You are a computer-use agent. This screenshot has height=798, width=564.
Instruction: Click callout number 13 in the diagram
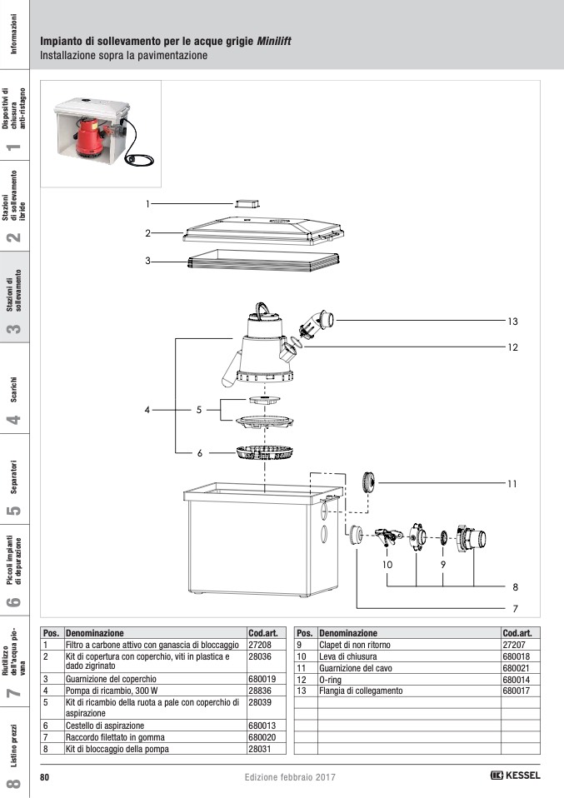click(x=513, y=321)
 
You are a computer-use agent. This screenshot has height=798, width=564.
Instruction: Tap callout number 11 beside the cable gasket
click(x=513, y=483)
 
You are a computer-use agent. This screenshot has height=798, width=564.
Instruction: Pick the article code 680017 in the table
click(x=517, y=691)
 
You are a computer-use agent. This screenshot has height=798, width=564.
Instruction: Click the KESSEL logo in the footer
click(x=516, y=776)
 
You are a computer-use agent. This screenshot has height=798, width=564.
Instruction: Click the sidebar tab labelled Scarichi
click(x=14, y=387)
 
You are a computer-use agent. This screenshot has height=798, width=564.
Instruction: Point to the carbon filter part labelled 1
click(x=247, y=203)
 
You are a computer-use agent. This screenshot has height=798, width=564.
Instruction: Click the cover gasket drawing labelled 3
click(x=262, y=261)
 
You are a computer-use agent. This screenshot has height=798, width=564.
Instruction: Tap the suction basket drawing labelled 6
click(x=262, y=453)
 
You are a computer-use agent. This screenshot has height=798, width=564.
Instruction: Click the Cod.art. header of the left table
click(x=267, y=633)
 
